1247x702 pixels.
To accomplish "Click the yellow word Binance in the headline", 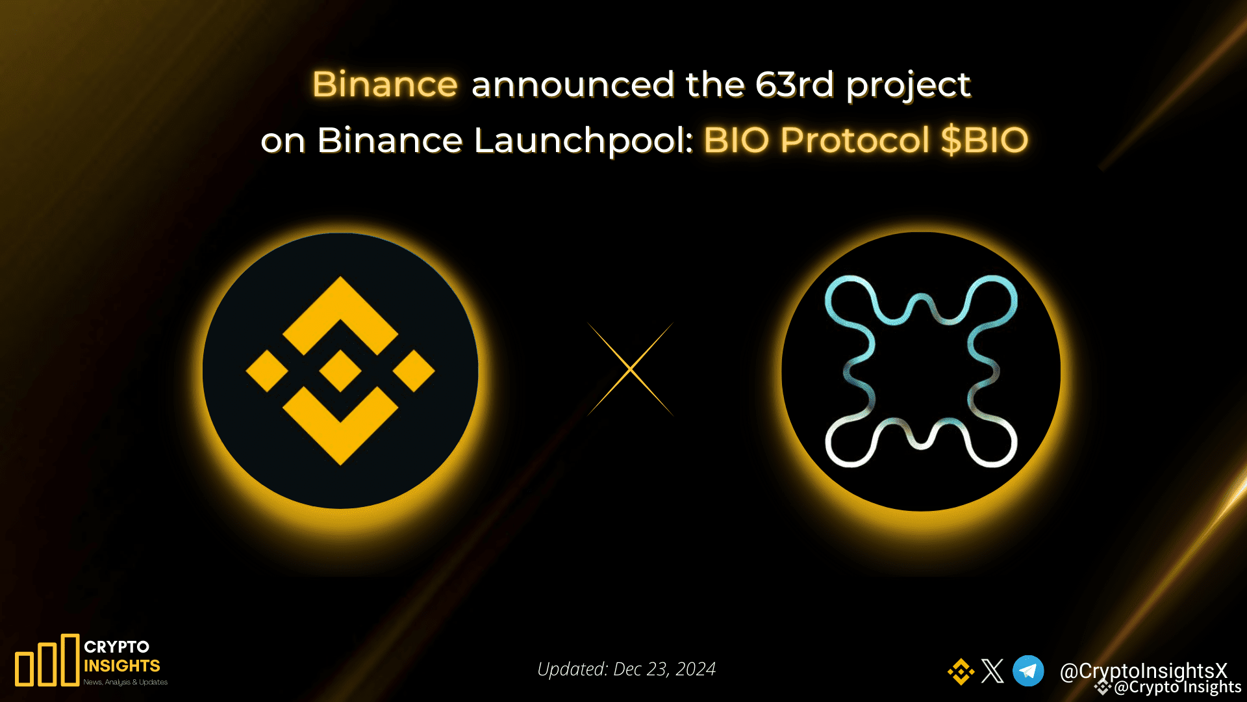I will [385, 84].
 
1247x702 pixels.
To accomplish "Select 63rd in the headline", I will [794, 84].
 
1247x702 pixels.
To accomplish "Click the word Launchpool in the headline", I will [584, 141].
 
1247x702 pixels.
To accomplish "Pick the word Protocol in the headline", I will [855, 141].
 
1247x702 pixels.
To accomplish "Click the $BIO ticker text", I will [985, 140].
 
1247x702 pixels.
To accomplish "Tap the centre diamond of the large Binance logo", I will [340, 371].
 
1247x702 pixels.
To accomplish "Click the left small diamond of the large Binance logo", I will [267, 371].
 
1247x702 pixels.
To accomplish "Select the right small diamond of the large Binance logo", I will [414, 371].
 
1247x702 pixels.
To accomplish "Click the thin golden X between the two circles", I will [630, 369].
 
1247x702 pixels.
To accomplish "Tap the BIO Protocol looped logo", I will [921, 371].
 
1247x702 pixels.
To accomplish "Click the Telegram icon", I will [1028, 671].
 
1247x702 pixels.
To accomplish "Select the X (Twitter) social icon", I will [992, 671].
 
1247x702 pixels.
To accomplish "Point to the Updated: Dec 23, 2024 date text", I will [626, 669].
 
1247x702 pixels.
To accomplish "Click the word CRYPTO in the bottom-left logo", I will [117, 647].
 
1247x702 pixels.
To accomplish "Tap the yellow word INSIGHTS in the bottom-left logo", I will [122, 666].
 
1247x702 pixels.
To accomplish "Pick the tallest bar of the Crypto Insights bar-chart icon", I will [69, 660].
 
